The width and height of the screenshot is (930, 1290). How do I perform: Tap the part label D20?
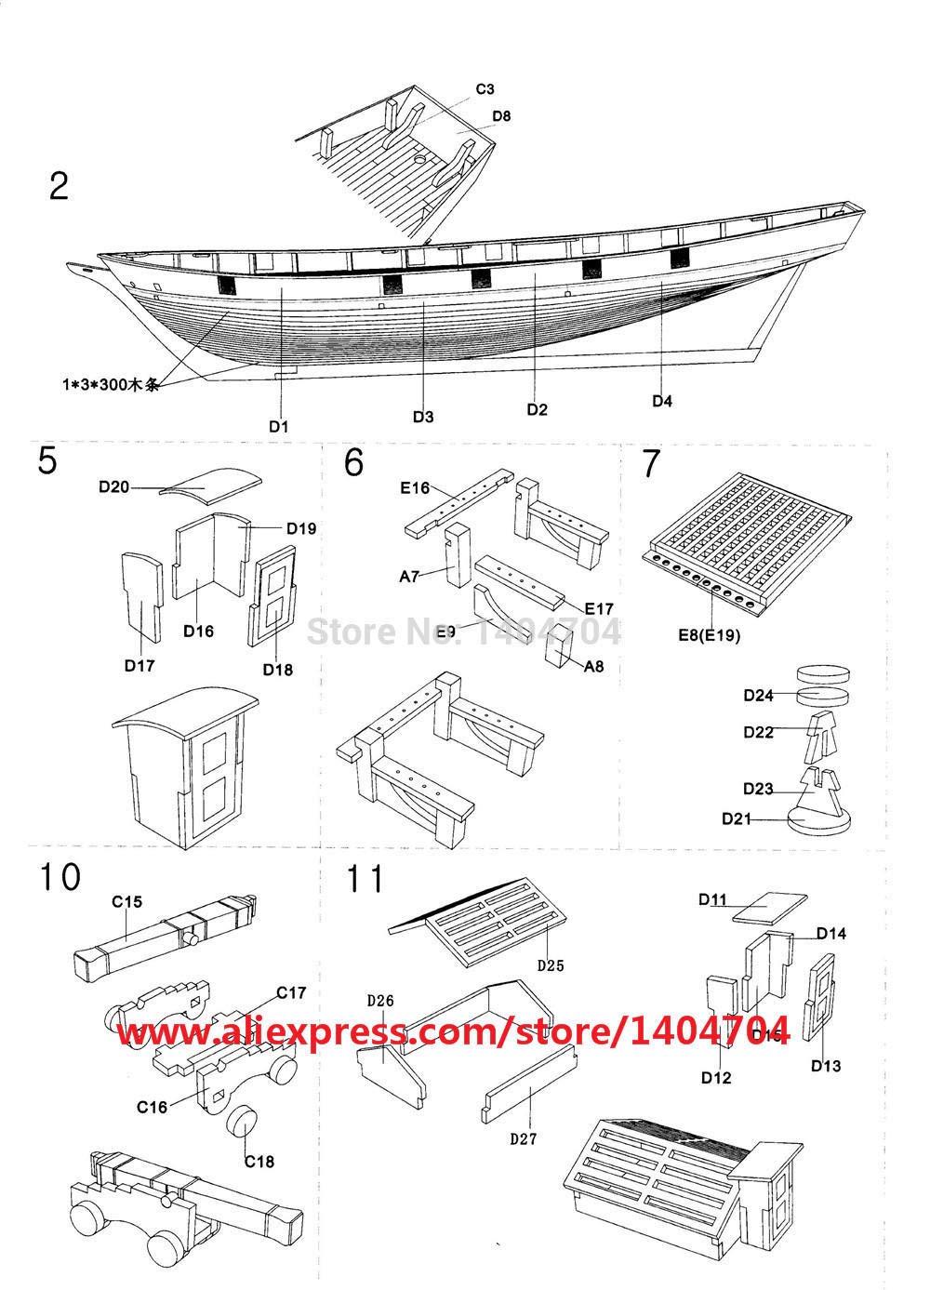click(x=115, y=485)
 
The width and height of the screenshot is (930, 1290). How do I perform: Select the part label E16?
click(x=414, y=485)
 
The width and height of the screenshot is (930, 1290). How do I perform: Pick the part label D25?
click(x=551, y=965)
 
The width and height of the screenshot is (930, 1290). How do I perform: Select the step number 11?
click(x=365, y=879)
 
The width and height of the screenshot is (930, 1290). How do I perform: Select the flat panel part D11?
click(x=766, y=907)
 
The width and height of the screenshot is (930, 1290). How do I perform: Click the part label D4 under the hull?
click(x=661, y=401)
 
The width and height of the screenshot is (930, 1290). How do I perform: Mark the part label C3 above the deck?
click(x=485, y=89)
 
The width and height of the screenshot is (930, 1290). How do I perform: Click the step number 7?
click(x=652, y=461)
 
